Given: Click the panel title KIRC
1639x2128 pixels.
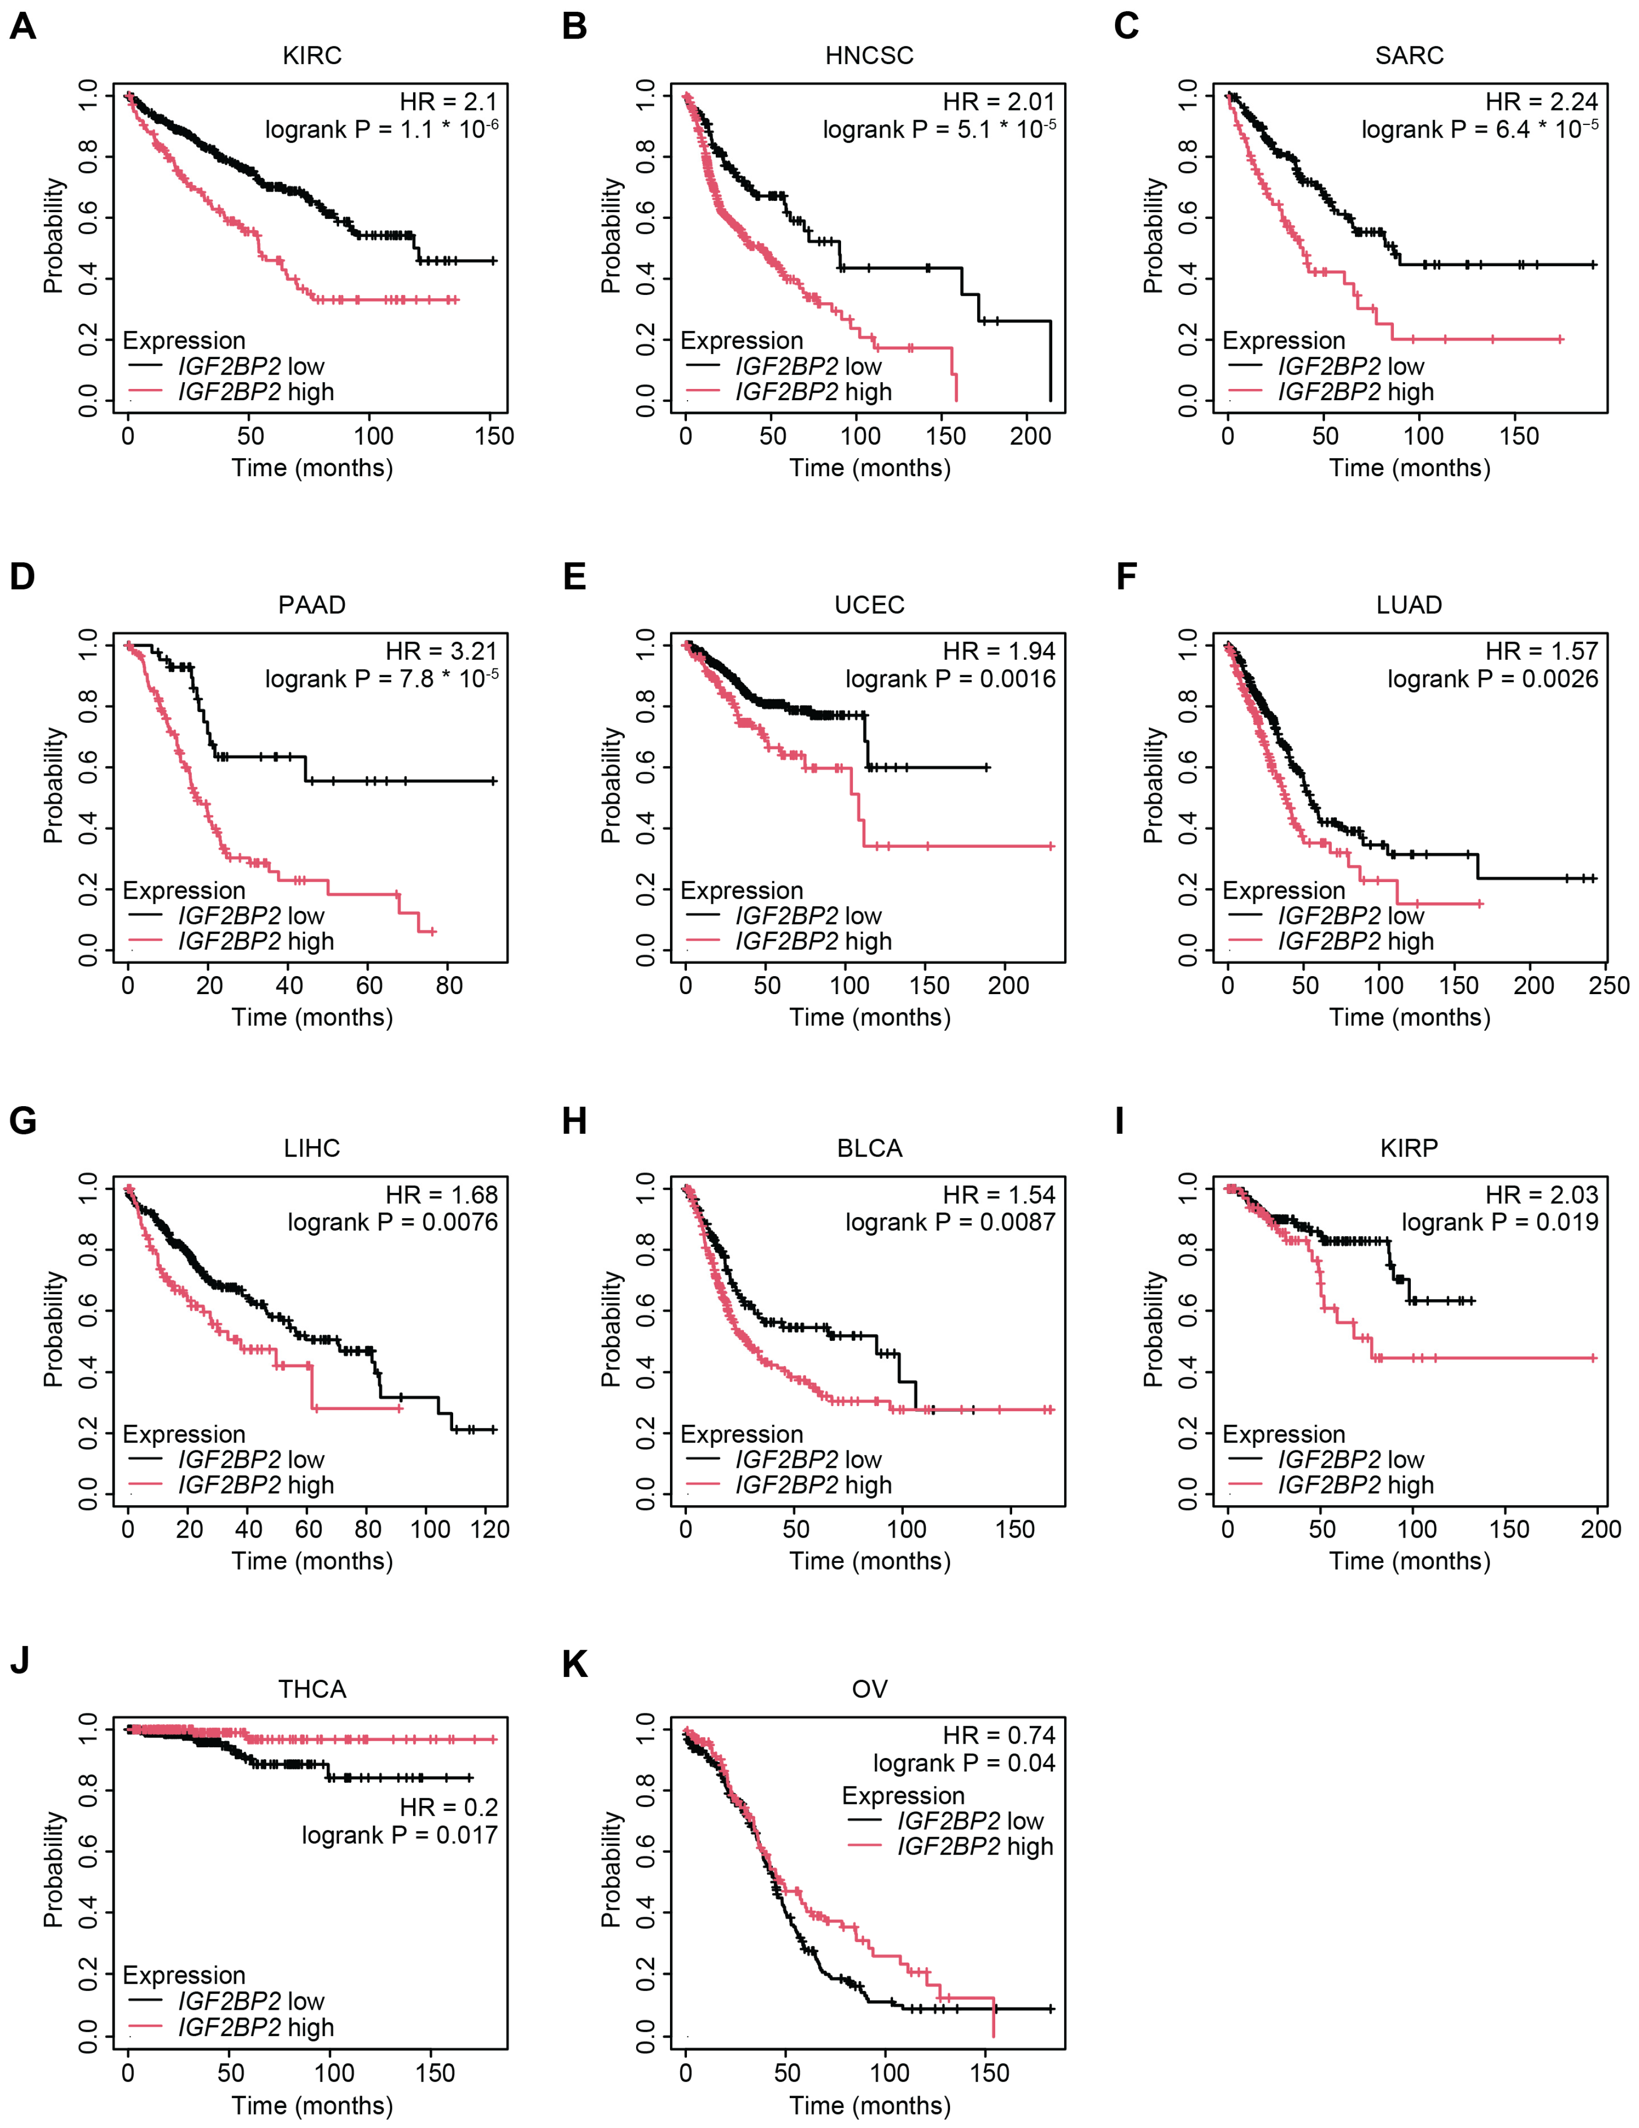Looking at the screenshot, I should point(312,55).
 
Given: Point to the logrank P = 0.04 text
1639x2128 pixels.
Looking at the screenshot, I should point(964,1763).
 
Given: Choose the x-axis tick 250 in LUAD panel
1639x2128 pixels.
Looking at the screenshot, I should point(1609,985).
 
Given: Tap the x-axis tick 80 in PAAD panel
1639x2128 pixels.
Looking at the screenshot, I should point(449,985).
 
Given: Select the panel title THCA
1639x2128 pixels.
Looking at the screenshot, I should point(312,1689).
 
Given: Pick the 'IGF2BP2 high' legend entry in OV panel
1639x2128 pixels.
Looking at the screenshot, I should point(975,1846).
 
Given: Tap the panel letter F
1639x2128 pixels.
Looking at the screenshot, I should point(1126,577).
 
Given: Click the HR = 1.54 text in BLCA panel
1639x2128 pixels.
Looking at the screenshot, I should point(999,1194).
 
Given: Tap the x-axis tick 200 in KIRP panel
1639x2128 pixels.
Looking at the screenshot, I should point(1600,1529).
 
